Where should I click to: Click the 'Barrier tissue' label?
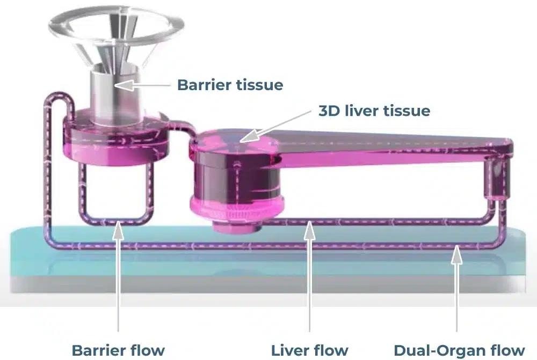pyautogui.click(x=230, y=85)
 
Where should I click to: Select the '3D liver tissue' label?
pyautogui.click(x=374, y=111)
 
